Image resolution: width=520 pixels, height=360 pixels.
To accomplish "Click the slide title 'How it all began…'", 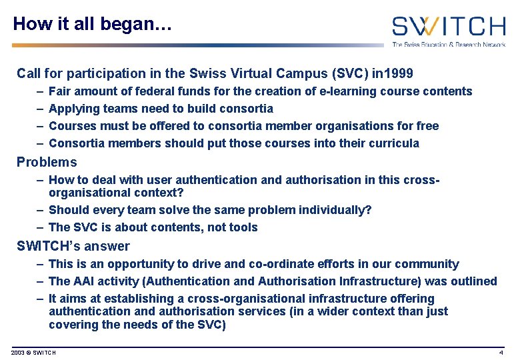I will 93,25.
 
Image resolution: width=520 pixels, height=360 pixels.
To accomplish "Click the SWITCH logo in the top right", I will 448,27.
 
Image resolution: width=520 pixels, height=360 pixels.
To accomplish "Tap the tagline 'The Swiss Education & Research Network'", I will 448,45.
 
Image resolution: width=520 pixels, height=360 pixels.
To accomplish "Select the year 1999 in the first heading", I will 399,73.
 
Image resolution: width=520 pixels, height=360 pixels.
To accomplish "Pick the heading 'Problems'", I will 47,162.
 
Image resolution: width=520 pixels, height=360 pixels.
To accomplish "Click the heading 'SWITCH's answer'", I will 73,246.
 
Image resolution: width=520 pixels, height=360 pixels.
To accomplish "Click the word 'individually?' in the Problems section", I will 335,210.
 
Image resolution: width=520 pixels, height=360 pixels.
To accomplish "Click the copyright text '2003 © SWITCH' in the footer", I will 34,352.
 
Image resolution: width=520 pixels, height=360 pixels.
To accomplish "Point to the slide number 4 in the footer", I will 501,352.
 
